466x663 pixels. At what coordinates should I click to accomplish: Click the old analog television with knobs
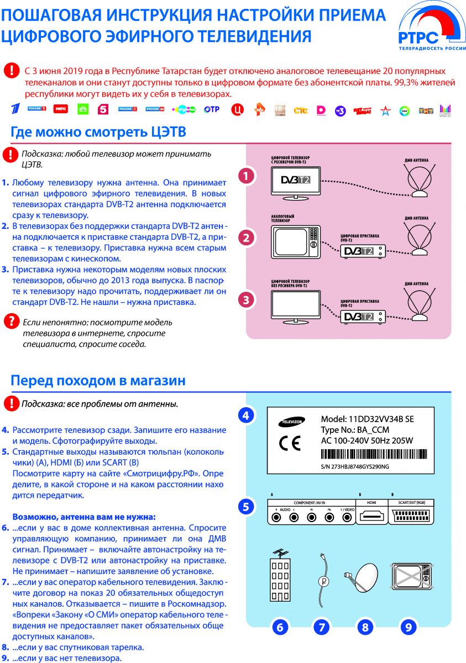tap(296, 241)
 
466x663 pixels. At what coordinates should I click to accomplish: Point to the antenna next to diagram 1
tap(420, 182)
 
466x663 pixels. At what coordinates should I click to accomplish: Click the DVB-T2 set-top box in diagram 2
tap(362, 251)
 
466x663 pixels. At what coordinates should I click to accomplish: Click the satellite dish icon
tap(363, 577)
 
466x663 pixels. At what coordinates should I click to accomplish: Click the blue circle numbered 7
tap(321, 627)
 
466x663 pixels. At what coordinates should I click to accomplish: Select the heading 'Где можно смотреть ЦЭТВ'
tap(98, 133)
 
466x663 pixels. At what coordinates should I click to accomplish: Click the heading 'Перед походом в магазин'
tap(98, 381)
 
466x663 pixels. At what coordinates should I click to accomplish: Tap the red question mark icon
tap(10, 320)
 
